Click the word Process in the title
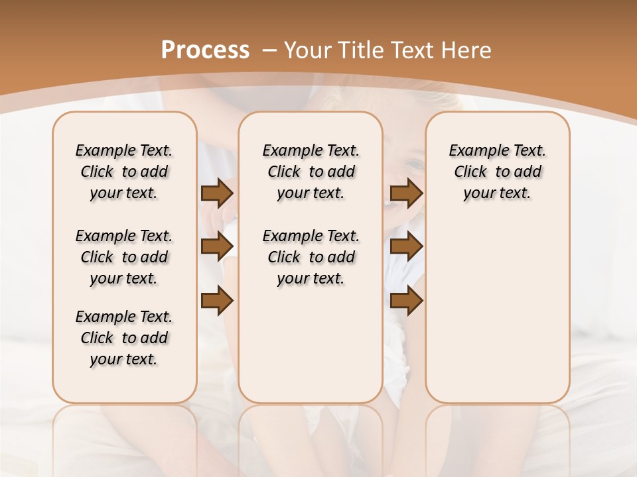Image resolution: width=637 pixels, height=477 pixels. coord(205,50)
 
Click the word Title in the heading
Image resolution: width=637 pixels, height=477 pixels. coord(357,50)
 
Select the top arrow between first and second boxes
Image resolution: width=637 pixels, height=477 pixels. coord(217,193)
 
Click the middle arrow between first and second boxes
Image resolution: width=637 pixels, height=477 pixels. coord(217,247)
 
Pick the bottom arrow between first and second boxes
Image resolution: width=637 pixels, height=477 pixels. coord(217,301)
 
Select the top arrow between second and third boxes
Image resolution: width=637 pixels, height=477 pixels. coord(407,193)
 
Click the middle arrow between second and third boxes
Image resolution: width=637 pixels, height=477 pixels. coord(407,247)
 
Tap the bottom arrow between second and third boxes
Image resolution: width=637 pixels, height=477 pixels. coord(407,301)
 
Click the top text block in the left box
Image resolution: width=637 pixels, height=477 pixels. coord(124,172)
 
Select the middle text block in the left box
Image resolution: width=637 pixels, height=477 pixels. coord(124,257)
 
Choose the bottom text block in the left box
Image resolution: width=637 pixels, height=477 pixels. coord(124,338)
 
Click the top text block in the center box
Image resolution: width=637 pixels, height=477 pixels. coord(311,172)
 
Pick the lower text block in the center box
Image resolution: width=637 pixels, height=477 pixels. coord(311,257)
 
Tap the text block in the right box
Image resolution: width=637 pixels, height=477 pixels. coord(498,172)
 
